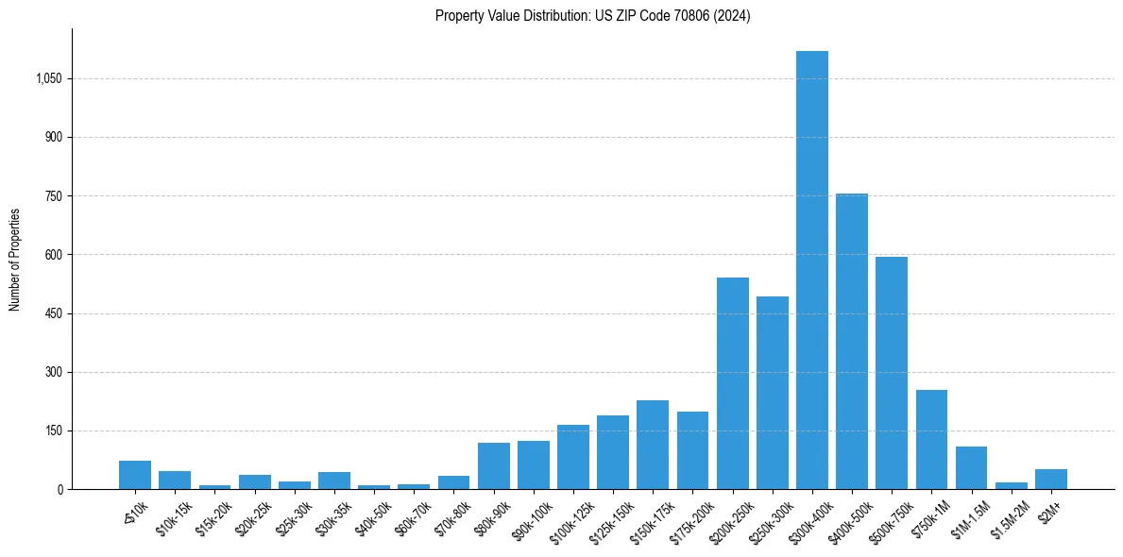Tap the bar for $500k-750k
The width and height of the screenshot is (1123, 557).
891,373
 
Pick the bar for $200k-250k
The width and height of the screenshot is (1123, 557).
732,383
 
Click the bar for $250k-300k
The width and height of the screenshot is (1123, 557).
772,393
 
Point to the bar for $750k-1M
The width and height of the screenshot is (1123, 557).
931,439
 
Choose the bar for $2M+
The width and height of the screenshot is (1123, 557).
1050,479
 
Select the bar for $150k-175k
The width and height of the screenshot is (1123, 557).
652,445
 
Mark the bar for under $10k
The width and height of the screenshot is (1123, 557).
135,475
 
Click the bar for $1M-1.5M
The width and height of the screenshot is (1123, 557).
971,467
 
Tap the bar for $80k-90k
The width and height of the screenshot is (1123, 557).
493,465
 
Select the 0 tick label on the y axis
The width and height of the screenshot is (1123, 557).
60,489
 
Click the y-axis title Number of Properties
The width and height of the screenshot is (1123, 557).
15,260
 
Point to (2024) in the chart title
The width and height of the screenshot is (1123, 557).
733,16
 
